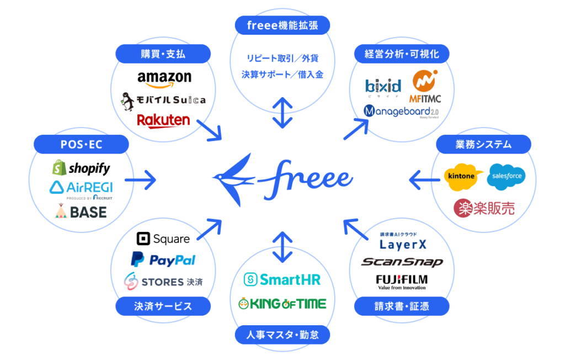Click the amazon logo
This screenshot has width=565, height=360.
point(164,79)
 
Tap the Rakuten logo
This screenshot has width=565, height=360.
point(163,120)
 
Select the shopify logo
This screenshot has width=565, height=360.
point(81,168)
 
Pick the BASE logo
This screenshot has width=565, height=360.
point(81,211)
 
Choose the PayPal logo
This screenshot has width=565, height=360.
point(163,260)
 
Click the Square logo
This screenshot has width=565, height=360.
point(163,239)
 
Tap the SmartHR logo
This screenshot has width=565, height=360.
point(282,279)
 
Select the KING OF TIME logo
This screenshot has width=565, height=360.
point(282,303)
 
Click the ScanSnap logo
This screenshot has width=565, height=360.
point(402,262)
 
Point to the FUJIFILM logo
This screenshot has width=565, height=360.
point(402,280)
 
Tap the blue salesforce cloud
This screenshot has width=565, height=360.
point(507,176)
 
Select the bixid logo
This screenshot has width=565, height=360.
point(383,87)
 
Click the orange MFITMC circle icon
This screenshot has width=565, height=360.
point(425,81)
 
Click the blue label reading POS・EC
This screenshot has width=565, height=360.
point(81,145)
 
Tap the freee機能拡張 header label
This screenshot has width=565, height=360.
point(282,25)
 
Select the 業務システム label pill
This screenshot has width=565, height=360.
point(483,145)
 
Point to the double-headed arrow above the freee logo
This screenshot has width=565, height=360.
point(282,113)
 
